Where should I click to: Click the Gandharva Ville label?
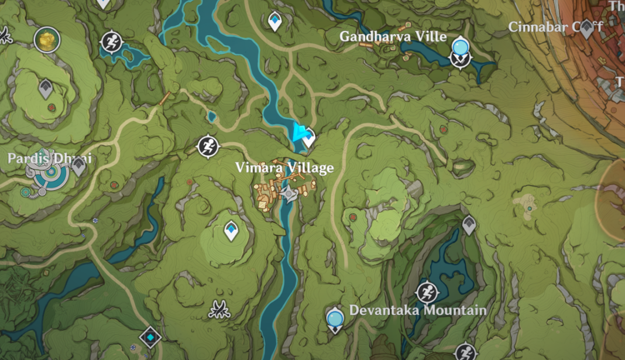[393, 36]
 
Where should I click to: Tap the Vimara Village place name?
[284, 168]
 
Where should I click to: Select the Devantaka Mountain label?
[418, 310]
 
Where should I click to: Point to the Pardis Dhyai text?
[49, 159]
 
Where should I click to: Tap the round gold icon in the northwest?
[47, 40]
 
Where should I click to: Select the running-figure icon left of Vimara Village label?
[208, 146]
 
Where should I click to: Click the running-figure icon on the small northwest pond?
[111, 42]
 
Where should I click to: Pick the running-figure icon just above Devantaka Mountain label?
[427, 292]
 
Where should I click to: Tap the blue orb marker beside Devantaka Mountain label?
[335, 319]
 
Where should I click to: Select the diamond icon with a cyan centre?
[150, 337]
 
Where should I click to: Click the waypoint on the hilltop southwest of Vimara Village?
[232, 231]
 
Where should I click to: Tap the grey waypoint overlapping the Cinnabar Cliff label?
[586, 29]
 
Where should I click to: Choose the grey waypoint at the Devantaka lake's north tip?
[469, 224]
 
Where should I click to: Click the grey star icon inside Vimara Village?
[289, 193]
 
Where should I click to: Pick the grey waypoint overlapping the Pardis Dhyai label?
[78, 166]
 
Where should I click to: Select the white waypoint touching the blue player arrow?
[308, 139]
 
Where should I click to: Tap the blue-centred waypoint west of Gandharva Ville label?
[274, 21]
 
